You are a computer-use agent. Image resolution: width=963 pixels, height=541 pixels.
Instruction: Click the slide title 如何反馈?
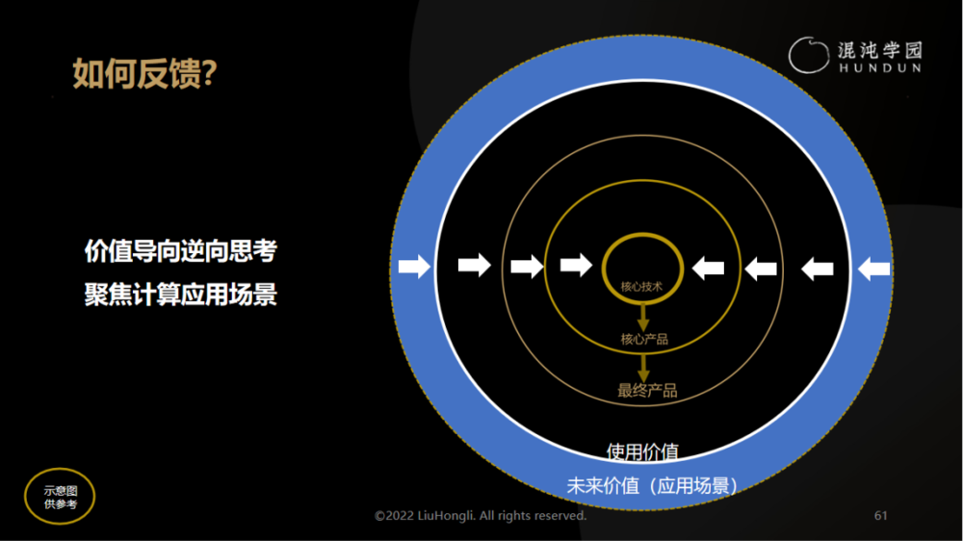[x=145, y=74]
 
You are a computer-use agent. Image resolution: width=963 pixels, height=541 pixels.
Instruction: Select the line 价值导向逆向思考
[x=181, y=251]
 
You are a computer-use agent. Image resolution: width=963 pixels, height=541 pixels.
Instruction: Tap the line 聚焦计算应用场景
[x=181, y=295]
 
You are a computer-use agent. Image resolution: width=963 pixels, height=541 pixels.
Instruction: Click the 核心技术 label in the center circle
[x=641, y=287]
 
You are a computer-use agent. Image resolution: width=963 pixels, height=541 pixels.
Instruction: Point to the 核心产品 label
[x=644, y=339]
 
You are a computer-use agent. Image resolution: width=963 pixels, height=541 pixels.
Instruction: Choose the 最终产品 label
[x=647, y=391]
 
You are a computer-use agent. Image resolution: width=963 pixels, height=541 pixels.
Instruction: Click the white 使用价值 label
[x=642, y=452]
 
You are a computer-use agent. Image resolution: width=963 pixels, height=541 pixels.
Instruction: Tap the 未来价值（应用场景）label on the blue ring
[x=652, y=486]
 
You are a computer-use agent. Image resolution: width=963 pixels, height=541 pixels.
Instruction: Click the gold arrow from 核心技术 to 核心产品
[x=643, y=317]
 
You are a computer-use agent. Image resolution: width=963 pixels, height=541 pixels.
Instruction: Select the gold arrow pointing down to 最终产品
[x=643, y=367]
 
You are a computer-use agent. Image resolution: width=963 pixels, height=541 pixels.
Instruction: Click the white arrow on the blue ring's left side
[x=414, y=267]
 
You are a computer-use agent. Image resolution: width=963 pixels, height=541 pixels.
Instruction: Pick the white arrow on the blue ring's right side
[x=874, y=269]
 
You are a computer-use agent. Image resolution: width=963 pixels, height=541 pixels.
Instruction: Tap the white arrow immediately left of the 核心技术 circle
[x=576, y=266]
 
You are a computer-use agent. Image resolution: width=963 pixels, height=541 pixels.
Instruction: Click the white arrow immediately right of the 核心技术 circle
[x=708, y=269]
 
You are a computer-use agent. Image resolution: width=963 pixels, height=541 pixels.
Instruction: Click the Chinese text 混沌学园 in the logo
[x=880, y=50]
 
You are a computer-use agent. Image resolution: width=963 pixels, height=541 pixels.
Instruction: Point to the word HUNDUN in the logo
[x=880, y=68]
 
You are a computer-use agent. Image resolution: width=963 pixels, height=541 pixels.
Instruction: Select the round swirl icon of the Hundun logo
[x=808, y=55]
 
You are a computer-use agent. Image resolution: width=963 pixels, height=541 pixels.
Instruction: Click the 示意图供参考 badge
[x=60, y=496]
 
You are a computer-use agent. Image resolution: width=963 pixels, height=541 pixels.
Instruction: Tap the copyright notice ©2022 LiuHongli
[x=481, y=515]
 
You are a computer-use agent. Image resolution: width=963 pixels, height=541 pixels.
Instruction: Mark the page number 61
[x=881, y=515]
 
